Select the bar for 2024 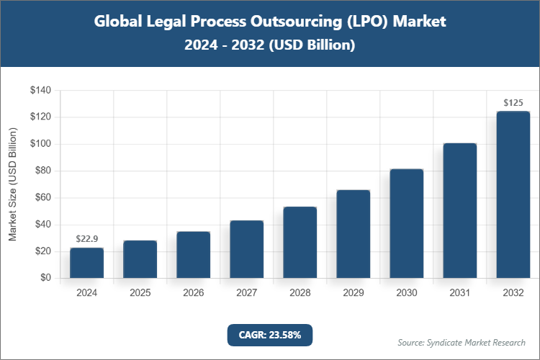point(86,263)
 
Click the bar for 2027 point(246,249)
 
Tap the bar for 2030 point(406,223)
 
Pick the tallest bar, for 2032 point(513,194)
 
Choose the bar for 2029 point(353,234)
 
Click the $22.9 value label point(86,238)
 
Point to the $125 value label point(513,103)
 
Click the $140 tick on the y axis point(40,90)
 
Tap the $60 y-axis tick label point(42,197)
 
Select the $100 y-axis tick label point(40,144)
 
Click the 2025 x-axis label point(140,293)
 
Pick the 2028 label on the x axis point(300,293)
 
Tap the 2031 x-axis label point(459,293)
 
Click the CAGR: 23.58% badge point(270,335)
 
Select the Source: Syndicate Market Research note point(461,342)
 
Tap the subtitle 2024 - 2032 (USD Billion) point(270,45)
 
